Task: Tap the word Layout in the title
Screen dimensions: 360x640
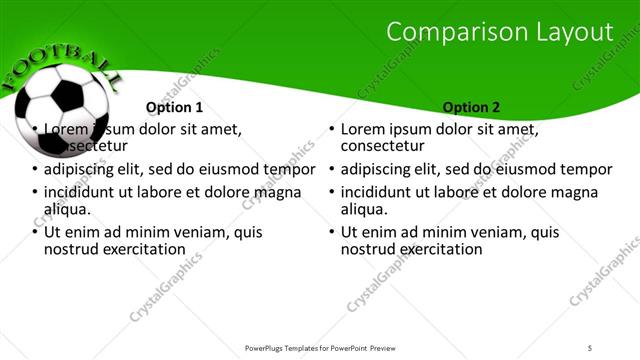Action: coord(574,32)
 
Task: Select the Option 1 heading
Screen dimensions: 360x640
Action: coord(174,107)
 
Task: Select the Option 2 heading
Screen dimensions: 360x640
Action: coord(472,107)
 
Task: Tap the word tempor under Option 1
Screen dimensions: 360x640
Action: coord(290,170)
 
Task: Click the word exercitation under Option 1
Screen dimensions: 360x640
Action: coord(138,249)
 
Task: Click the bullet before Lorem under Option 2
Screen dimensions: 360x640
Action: coord(331,130)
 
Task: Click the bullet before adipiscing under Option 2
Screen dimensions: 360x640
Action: coord(331,170)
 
